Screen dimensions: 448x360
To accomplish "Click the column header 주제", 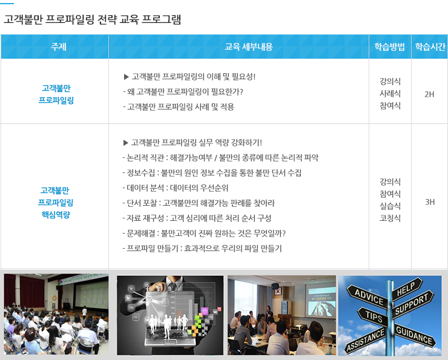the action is click(58, 47).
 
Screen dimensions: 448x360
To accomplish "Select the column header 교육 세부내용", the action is click(249, 47).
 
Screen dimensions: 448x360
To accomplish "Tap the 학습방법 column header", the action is click(390, 47).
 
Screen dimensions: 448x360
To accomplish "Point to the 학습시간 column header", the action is click(430, 47).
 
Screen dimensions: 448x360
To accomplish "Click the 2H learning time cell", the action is click(429, 94).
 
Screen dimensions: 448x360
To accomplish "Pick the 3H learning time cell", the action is click(430, 202).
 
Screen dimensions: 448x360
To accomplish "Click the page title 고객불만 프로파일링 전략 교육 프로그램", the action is click(92, 19).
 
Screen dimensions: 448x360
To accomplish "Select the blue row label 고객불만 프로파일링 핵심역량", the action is click(56, 203).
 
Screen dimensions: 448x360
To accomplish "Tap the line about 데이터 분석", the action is click(176, 188).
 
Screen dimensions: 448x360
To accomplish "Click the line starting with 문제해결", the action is click(204, 233).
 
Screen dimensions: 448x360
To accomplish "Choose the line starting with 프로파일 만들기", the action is click(202, 249).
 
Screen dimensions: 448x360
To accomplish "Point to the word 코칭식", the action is click(390, 218).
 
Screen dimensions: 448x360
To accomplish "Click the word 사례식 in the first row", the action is click(390, 93).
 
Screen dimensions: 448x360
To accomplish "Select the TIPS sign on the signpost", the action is click(374, 316).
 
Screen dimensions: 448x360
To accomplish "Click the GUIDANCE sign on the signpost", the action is click(414, 335).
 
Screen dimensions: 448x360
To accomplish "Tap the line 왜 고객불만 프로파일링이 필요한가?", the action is click(183, 91).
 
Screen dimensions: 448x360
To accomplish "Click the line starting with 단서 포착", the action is click(199, 203).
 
